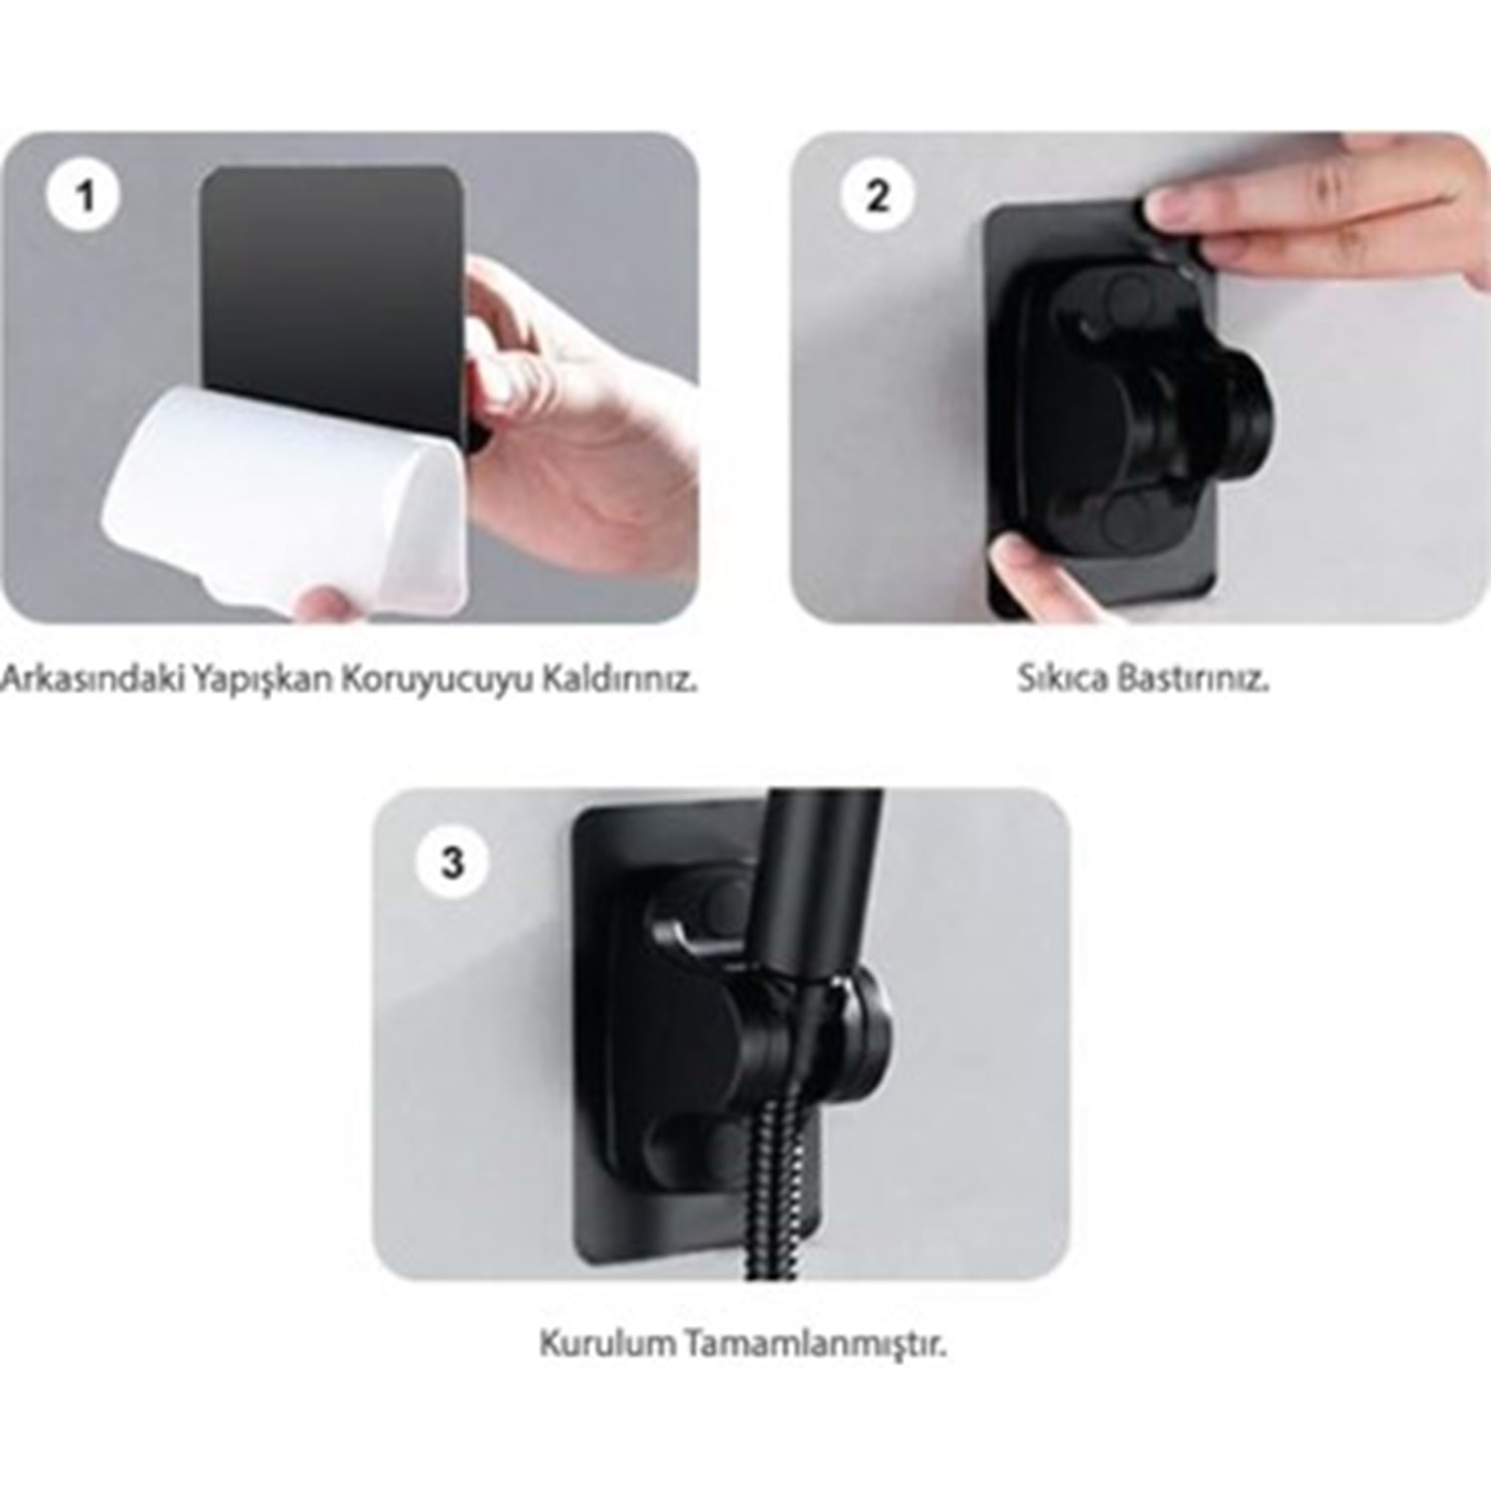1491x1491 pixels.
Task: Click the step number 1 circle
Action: pos(84,196)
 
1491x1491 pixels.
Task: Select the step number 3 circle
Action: pos(453,861)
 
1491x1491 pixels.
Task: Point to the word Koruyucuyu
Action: pos(435,682)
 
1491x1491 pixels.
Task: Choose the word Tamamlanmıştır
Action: pos(808,1344)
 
